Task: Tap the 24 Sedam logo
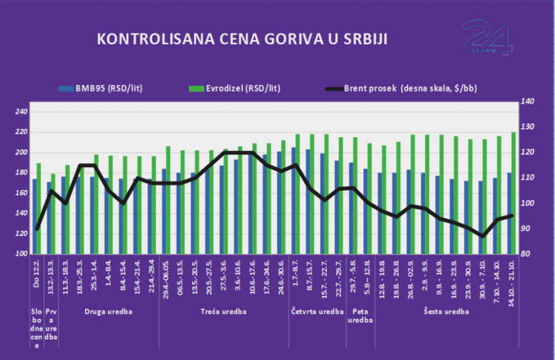tap(487, 38)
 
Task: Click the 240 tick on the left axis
tap(21, 112)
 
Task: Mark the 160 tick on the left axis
tap(21, 193)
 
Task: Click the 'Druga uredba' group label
tap(108, 312)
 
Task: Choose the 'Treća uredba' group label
tap(224, 312)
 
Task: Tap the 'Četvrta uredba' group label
tap(317, 312)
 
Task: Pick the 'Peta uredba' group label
tap(360, 316)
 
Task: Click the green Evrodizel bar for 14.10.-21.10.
tap(513, 193)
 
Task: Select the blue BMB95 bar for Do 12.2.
tap(35, 216)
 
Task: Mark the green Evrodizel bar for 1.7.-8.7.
tap(297, 194)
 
